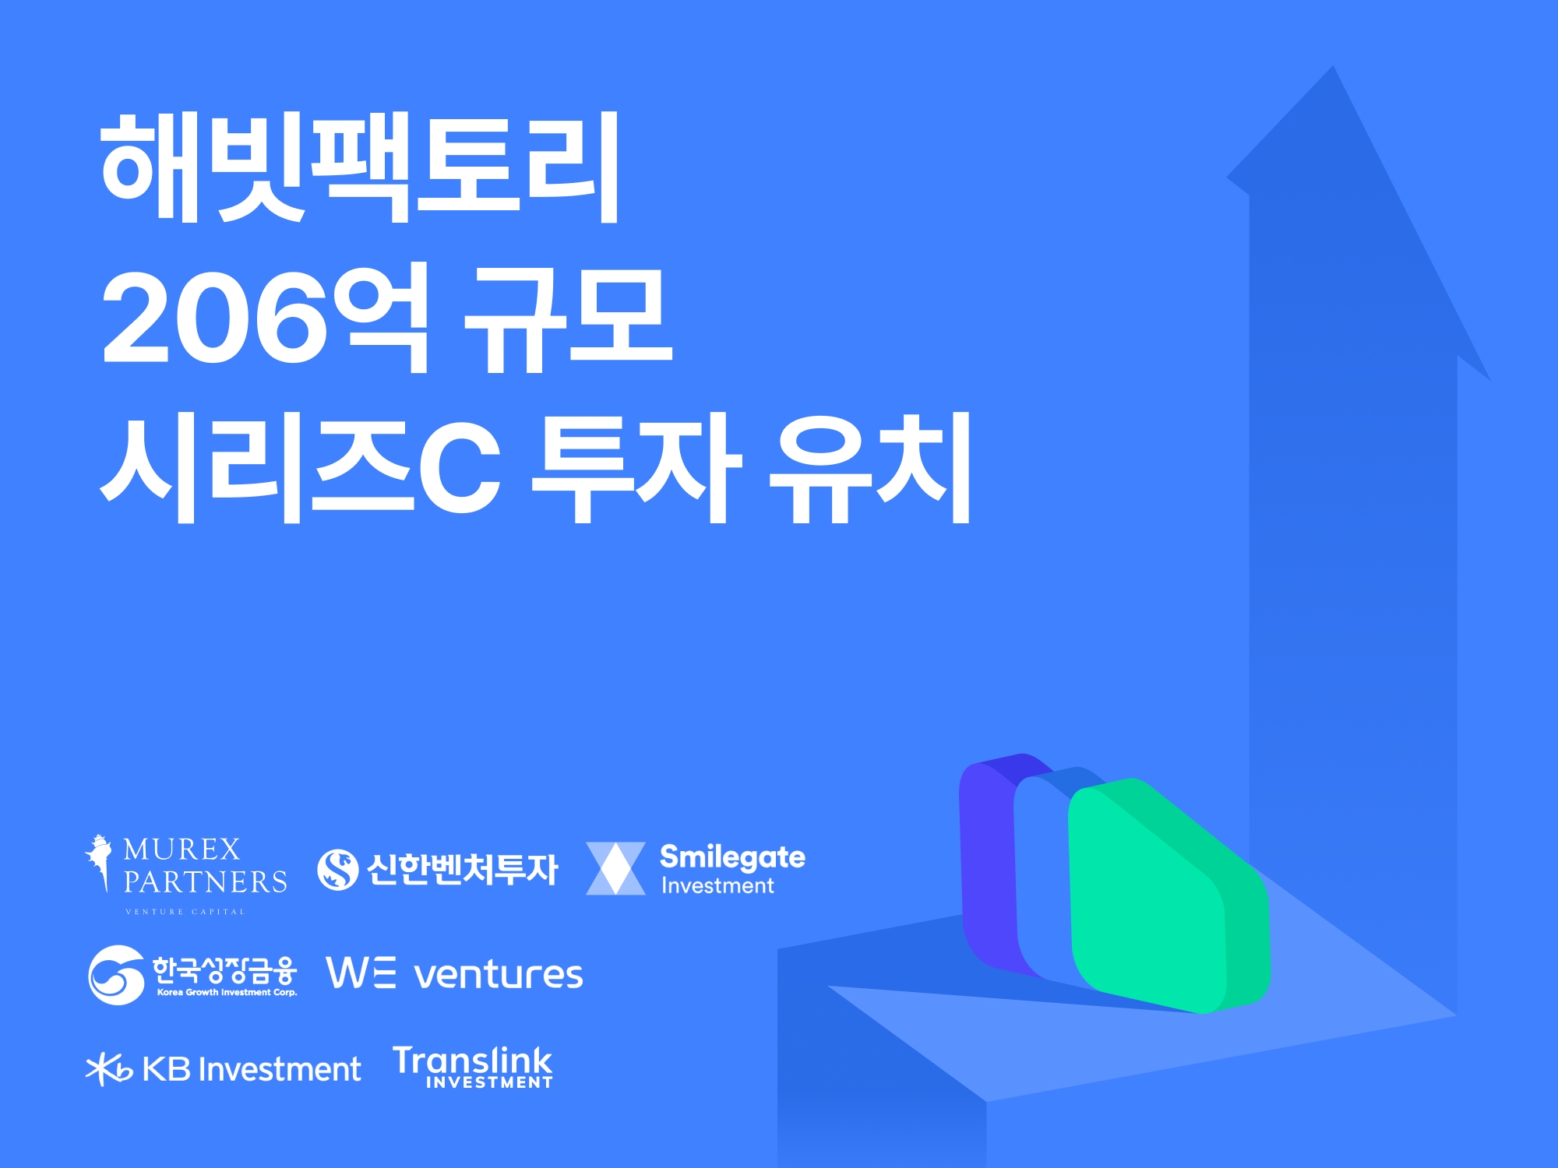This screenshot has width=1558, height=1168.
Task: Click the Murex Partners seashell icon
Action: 98,861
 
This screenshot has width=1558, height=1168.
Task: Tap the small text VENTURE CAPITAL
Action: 185,912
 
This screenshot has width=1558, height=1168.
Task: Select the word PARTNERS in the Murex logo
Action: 206,882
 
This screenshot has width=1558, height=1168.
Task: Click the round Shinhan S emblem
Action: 338,869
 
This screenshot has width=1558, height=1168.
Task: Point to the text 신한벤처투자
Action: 463,869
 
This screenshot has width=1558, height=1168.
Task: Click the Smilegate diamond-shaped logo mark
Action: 615,868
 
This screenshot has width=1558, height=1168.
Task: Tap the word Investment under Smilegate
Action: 717,886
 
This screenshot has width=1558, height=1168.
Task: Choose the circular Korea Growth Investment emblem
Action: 116,975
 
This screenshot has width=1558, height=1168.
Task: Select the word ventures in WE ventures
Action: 499,975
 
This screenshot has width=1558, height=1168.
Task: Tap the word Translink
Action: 473,1061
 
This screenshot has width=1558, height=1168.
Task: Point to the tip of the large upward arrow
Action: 1333,70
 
